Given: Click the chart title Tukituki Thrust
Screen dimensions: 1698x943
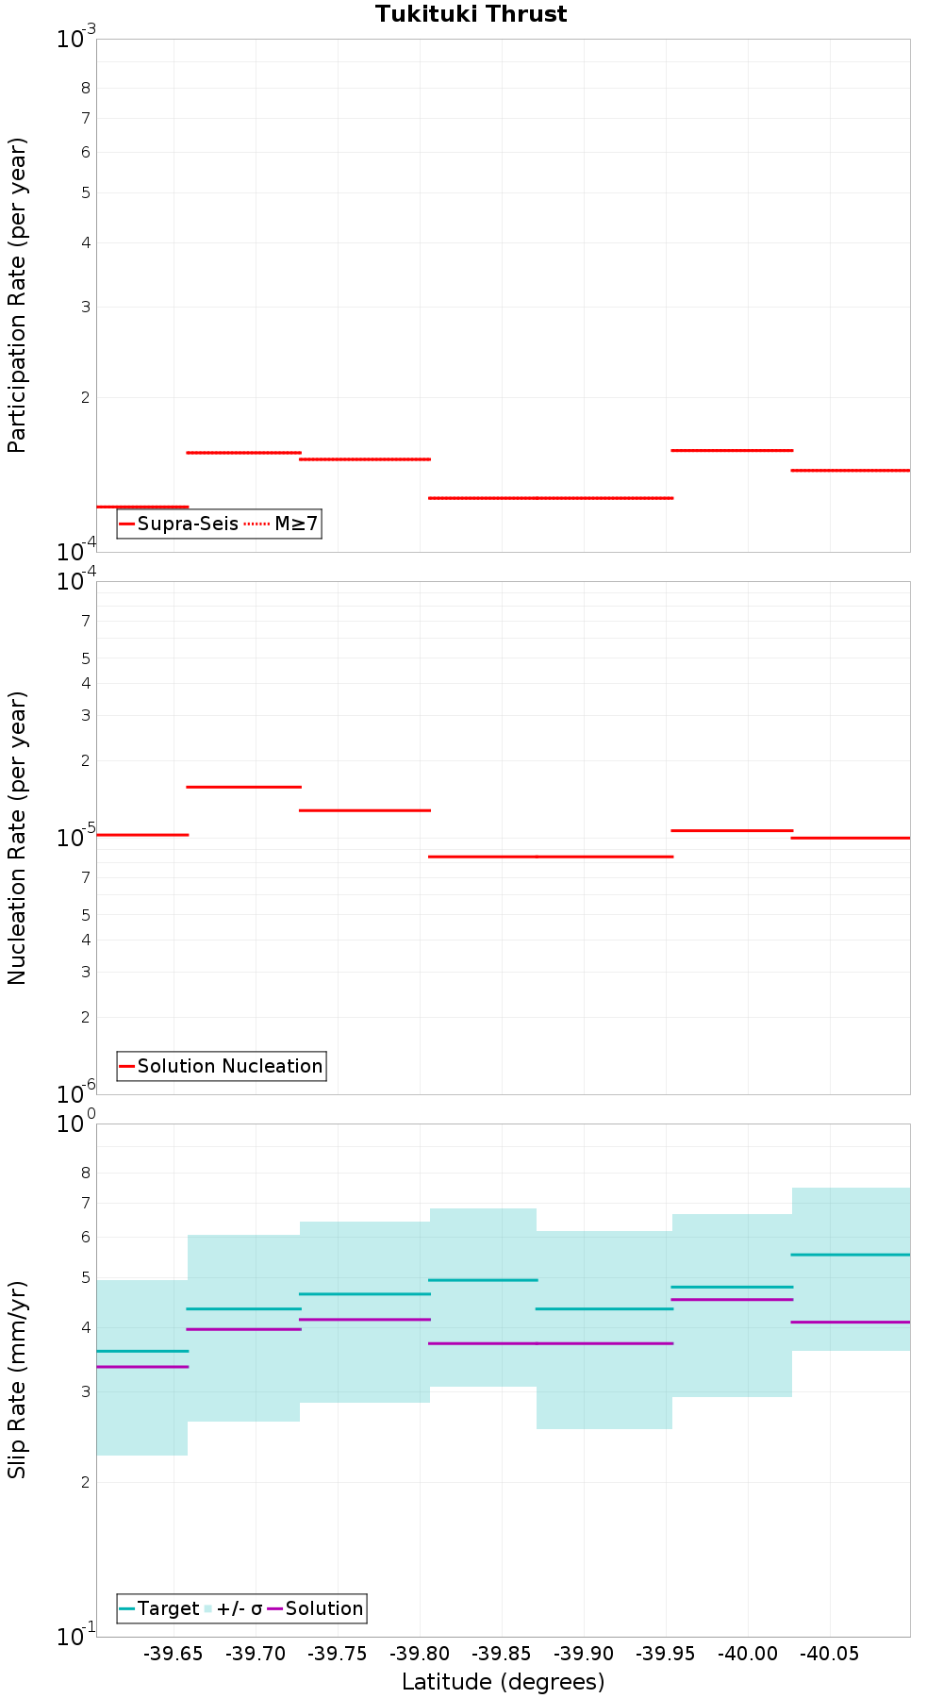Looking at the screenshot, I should tap(471, 14).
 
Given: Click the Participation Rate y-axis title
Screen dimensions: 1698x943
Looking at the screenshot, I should tap(17, 295).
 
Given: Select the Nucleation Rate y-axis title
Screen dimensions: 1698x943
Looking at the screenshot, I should tap(17, 838).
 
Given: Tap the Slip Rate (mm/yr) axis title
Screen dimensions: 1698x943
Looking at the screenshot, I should tap(17, 1380).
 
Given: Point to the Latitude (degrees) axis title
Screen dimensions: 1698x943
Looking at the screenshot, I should tap(503, 1681).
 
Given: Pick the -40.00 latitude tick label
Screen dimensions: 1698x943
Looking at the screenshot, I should tap(748, 1654).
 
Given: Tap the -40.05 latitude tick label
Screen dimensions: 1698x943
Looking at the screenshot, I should tap(830, 1654).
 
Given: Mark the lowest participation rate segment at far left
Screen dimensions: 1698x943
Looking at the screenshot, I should tap(142, 507).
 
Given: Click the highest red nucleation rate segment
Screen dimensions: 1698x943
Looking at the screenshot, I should tap(243, 787).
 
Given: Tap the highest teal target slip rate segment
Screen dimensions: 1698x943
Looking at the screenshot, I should tap(851, 1255).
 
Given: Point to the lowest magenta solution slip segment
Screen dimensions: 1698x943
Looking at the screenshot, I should tap(142, 1367).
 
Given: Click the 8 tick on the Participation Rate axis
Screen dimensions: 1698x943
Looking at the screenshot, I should tap(86, 88).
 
